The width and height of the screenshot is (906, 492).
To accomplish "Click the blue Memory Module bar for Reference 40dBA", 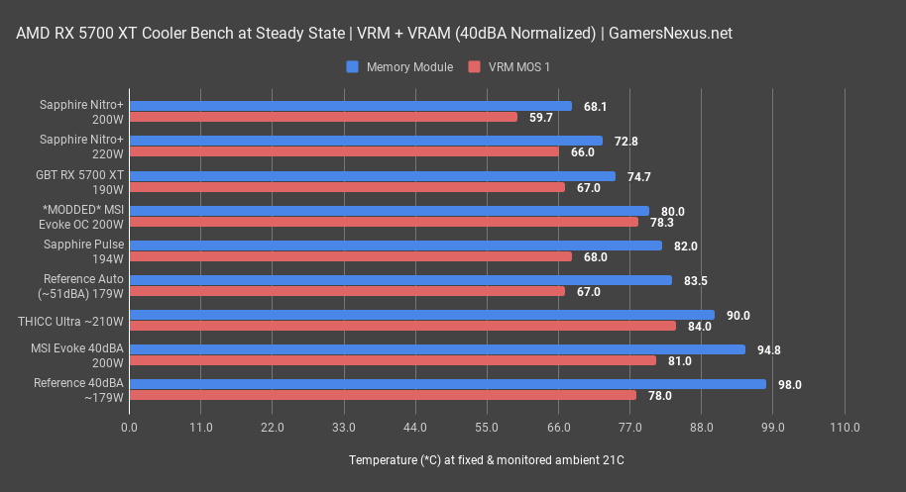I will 447,384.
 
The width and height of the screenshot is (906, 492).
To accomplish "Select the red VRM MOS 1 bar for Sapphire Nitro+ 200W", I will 323,117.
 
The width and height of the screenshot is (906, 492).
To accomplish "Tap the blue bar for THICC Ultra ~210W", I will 421,315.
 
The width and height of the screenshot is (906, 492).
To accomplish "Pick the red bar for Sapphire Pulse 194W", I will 350,256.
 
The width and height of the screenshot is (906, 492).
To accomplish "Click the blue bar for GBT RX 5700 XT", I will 372,176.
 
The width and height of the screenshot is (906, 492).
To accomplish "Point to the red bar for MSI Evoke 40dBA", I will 393,360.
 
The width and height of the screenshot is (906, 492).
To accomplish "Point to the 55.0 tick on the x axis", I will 487,428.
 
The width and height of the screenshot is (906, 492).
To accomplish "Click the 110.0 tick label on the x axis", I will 845,428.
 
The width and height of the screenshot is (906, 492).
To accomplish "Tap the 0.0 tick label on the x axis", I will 130,428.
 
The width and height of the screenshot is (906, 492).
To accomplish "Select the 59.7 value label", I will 541,117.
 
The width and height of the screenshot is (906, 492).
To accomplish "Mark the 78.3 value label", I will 662,222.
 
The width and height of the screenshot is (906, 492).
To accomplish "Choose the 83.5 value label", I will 696,280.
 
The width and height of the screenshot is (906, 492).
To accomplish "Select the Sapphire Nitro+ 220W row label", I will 82,147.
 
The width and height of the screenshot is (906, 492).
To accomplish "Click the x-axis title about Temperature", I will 487,460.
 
